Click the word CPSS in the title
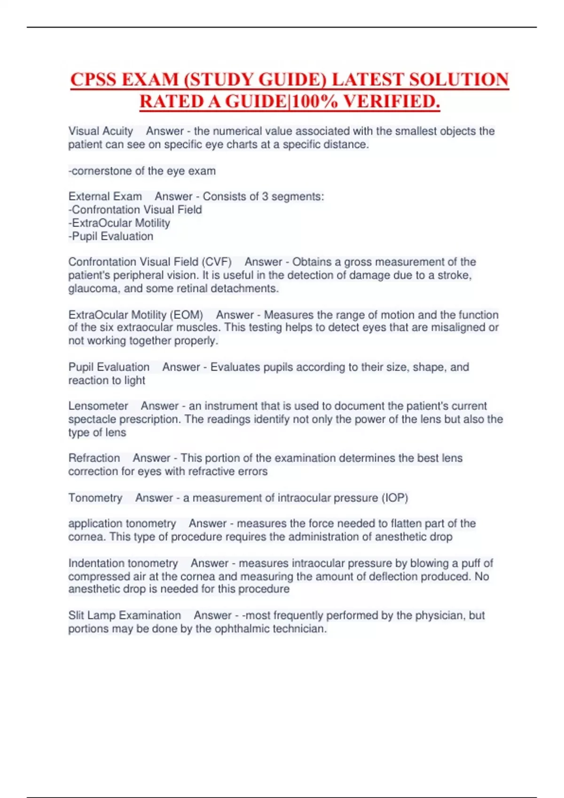(94, 79)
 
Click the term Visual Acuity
(101, 131)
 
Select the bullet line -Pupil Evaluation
(111, 236)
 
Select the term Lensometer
(98, 406)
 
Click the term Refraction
(94, 458)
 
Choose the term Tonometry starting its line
(95, 498)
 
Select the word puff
(471, 563)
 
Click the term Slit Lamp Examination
(125, 615)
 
